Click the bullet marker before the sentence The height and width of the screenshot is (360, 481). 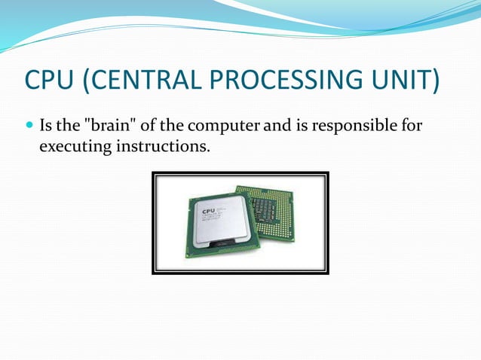tap(29, 125)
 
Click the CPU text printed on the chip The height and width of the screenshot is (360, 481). tap(207, 211)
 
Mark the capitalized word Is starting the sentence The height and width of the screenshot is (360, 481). tap(46, 125)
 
